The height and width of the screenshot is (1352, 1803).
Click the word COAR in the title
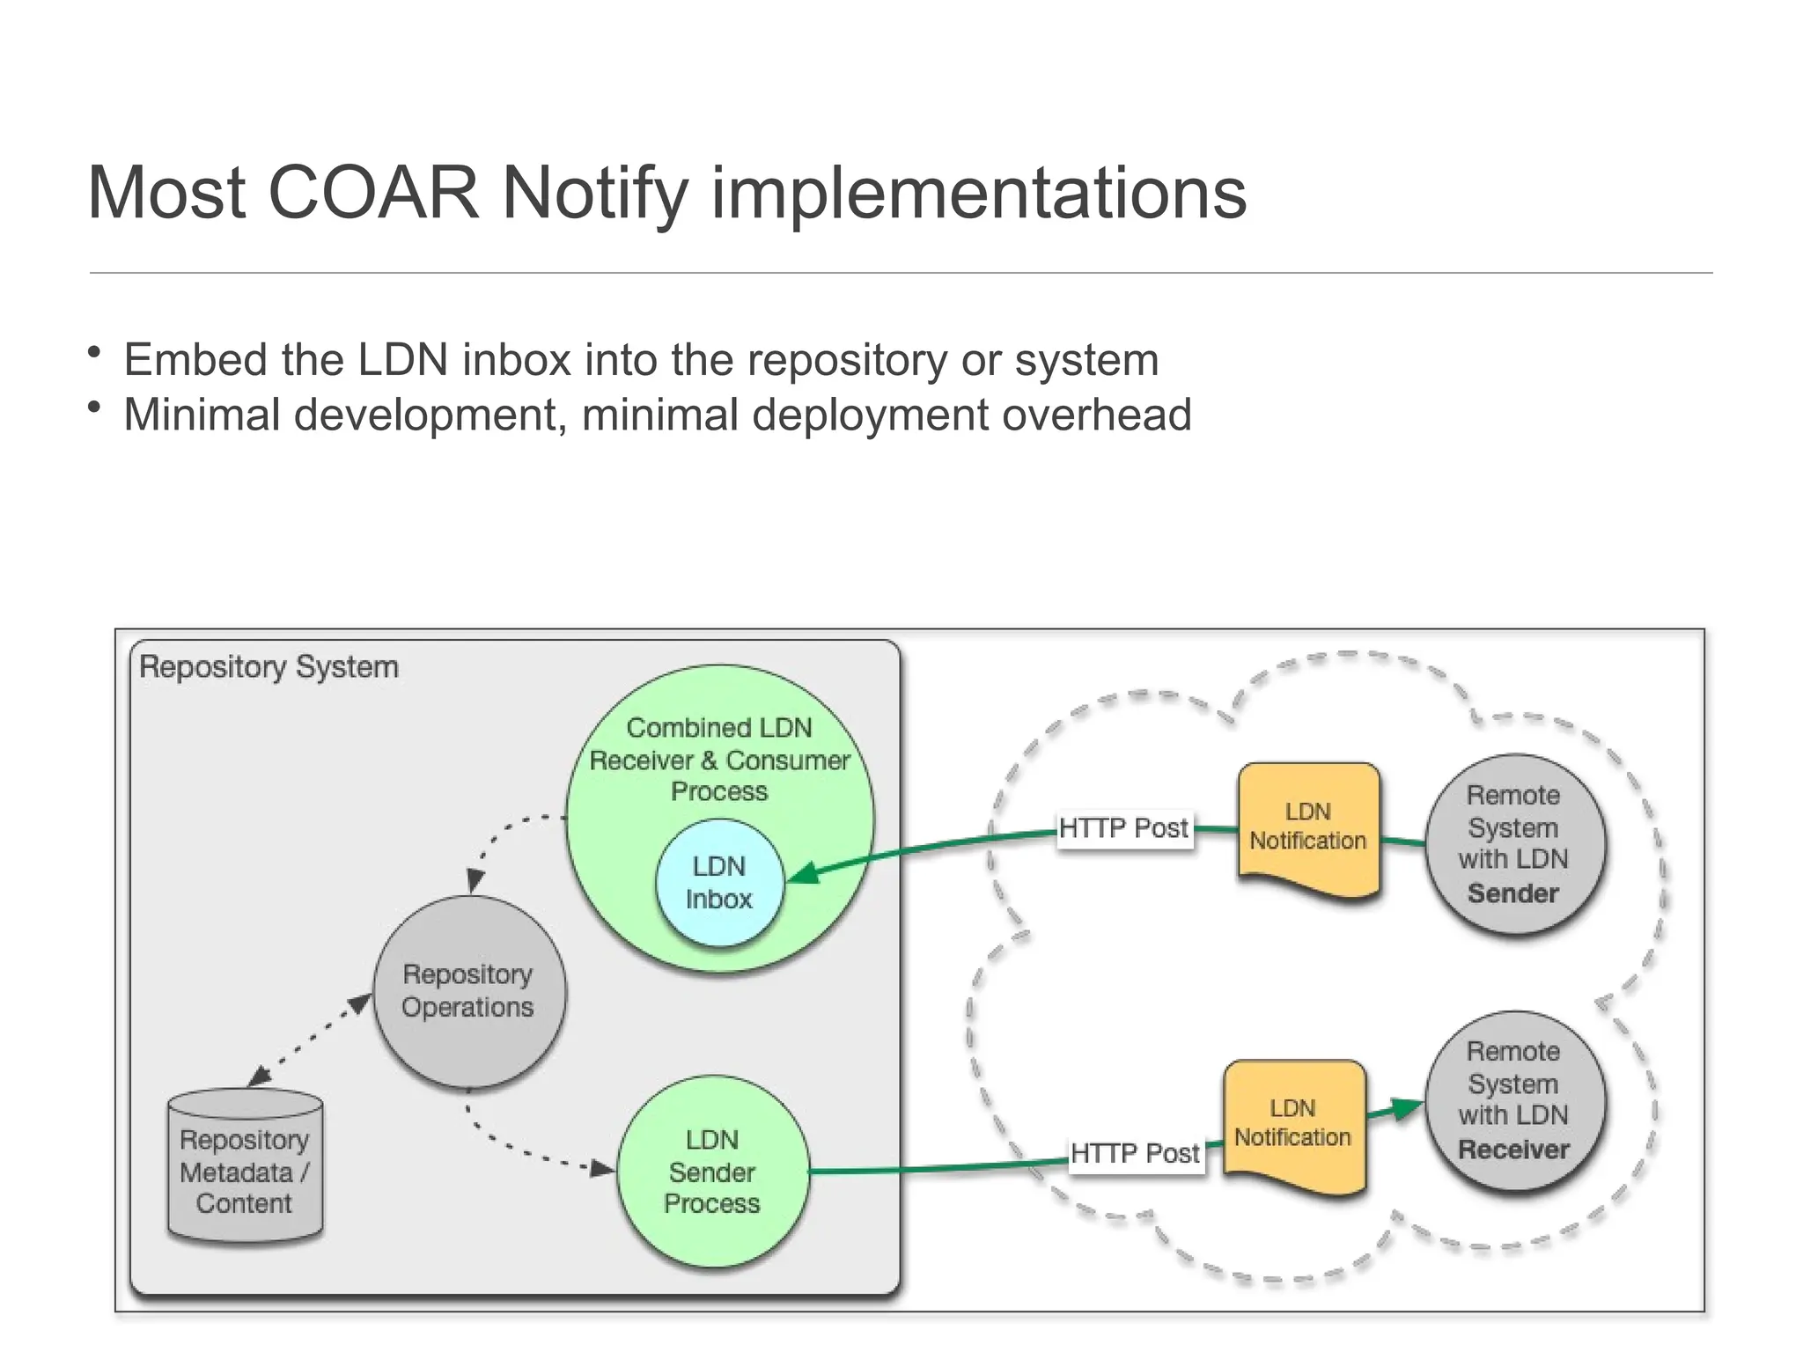372,193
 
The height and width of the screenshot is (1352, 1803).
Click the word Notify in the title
594,193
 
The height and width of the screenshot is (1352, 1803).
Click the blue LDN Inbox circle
719,883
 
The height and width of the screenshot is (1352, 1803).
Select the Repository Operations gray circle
468,991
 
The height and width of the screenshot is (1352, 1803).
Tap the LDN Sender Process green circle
712,1171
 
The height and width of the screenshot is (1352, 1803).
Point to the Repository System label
269,667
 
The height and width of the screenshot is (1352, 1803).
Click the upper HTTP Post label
1123,828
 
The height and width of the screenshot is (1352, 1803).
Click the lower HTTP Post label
1135,1153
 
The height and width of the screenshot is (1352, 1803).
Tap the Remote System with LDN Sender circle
1514,843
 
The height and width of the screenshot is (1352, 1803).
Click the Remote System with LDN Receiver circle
1514,1100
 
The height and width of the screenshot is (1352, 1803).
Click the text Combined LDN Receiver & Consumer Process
719,760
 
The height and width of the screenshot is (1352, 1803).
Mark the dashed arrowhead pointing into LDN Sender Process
603,1169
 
